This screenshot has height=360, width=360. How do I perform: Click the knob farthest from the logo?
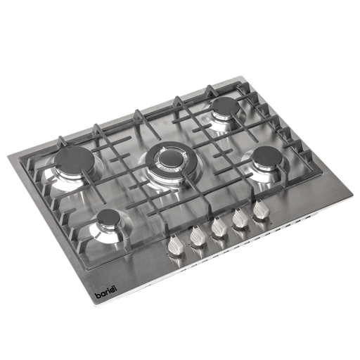click(262, 212)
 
